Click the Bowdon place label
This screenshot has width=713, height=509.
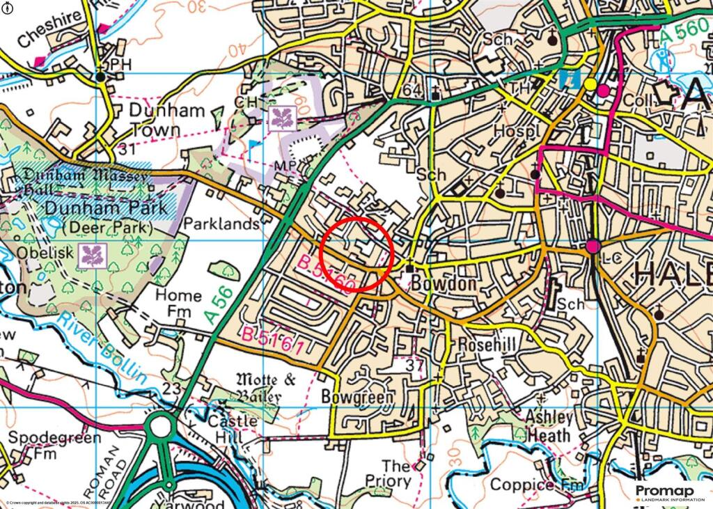pyautogui.click(x=439, y=285)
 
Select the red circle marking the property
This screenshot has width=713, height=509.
pyautogui.click(x=358, y=253)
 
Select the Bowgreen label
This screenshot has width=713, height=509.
pyautogui.click(x=358, y=397)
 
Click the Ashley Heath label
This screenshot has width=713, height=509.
pyautogui.click(x=549, y=426)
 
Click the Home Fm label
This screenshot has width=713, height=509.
pyautogui.click(x=178, y=303)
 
